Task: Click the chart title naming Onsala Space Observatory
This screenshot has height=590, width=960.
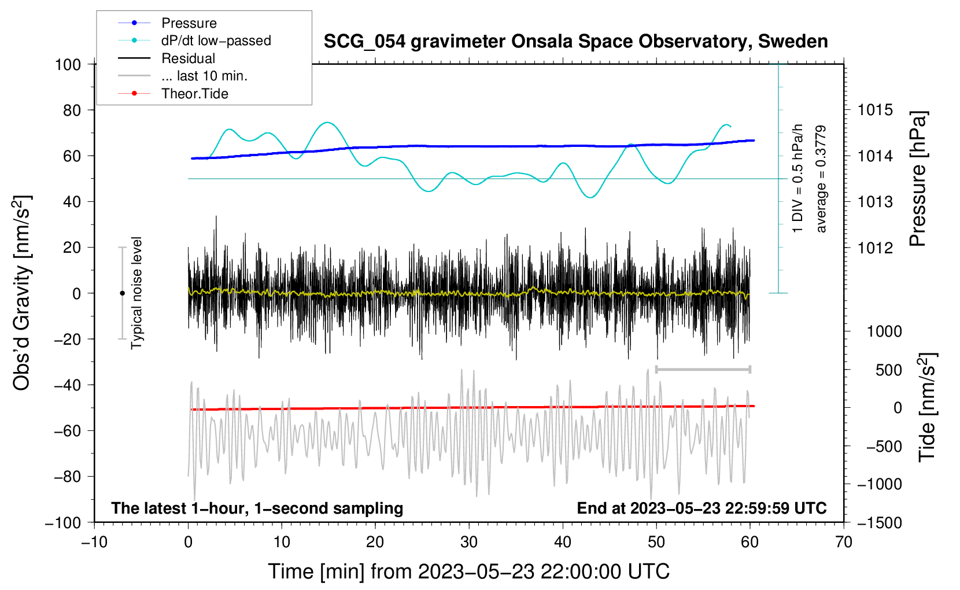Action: point(575,42)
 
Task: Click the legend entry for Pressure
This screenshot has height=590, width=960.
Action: point(189,23)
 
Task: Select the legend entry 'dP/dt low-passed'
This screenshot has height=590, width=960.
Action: point(216,40)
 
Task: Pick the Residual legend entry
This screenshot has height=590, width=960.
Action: point(188,58)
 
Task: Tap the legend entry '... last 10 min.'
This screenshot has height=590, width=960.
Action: point(204,76)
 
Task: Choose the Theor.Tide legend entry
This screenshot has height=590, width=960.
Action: point(195,94)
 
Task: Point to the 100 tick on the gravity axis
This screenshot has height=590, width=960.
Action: point(68,64)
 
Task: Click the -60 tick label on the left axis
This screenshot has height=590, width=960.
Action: point(67,431)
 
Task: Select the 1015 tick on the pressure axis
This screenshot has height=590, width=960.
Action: point(875,110)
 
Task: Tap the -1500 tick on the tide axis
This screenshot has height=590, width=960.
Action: point(879,523)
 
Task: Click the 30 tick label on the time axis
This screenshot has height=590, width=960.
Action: point(469,543)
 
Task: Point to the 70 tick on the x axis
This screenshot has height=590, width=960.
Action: point(844,543)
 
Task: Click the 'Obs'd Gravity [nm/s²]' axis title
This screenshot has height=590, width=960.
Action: point(22,293)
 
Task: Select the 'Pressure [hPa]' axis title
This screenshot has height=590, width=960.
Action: point(918,179)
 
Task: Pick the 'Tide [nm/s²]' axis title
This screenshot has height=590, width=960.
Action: point(927,407)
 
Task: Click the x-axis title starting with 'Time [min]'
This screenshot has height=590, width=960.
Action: point(469,571)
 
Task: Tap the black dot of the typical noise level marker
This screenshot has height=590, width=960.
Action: point(122,293)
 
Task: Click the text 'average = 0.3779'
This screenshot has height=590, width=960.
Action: point(821,179)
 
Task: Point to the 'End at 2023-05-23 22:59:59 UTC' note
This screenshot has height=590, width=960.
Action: point(701,508)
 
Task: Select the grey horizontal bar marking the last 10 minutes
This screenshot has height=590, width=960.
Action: point(703,369)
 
